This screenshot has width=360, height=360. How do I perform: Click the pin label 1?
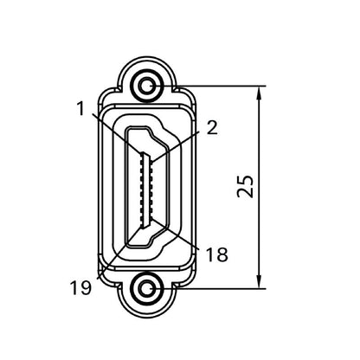click(x=80, y=109)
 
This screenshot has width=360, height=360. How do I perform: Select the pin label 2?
click(x=212, y=127)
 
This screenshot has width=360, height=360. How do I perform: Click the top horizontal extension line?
click(x=216, y=85)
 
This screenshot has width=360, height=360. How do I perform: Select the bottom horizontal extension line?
click(x=216, y=287)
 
